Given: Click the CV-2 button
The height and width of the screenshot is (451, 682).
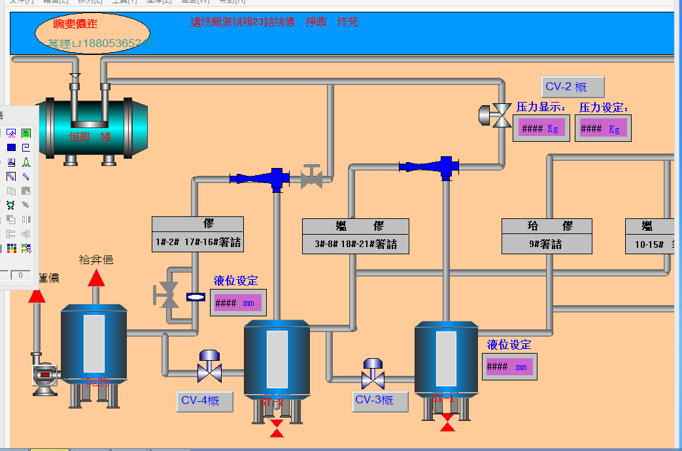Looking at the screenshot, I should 573,87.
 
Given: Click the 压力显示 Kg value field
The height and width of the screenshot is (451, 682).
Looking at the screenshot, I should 541,129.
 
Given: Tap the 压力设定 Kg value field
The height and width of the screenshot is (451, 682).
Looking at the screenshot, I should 604,129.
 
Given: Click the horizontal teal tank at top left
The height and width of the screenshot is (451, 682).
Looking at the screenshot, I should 92,127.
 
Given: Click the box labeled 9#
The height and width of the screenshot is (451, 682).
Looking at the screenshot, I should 547,236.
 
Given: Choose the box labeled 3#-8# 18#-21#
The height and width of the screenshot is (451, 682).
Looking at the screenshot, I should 356,236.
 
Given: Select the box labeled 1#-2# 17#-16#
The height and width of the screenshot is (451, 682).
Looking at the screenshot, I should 197,233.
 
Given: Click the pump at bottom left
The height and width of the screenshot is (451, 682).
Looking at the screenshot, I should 45,376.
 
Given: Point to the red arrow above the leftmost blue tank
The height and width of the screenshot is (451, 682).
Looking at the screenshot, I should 96,278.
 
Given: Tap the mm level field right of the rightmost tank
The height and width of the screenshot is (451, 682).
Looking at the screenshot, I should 509,367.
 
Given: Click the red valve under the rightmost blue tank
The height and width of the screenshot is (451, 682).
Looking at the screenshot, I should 447,422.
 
